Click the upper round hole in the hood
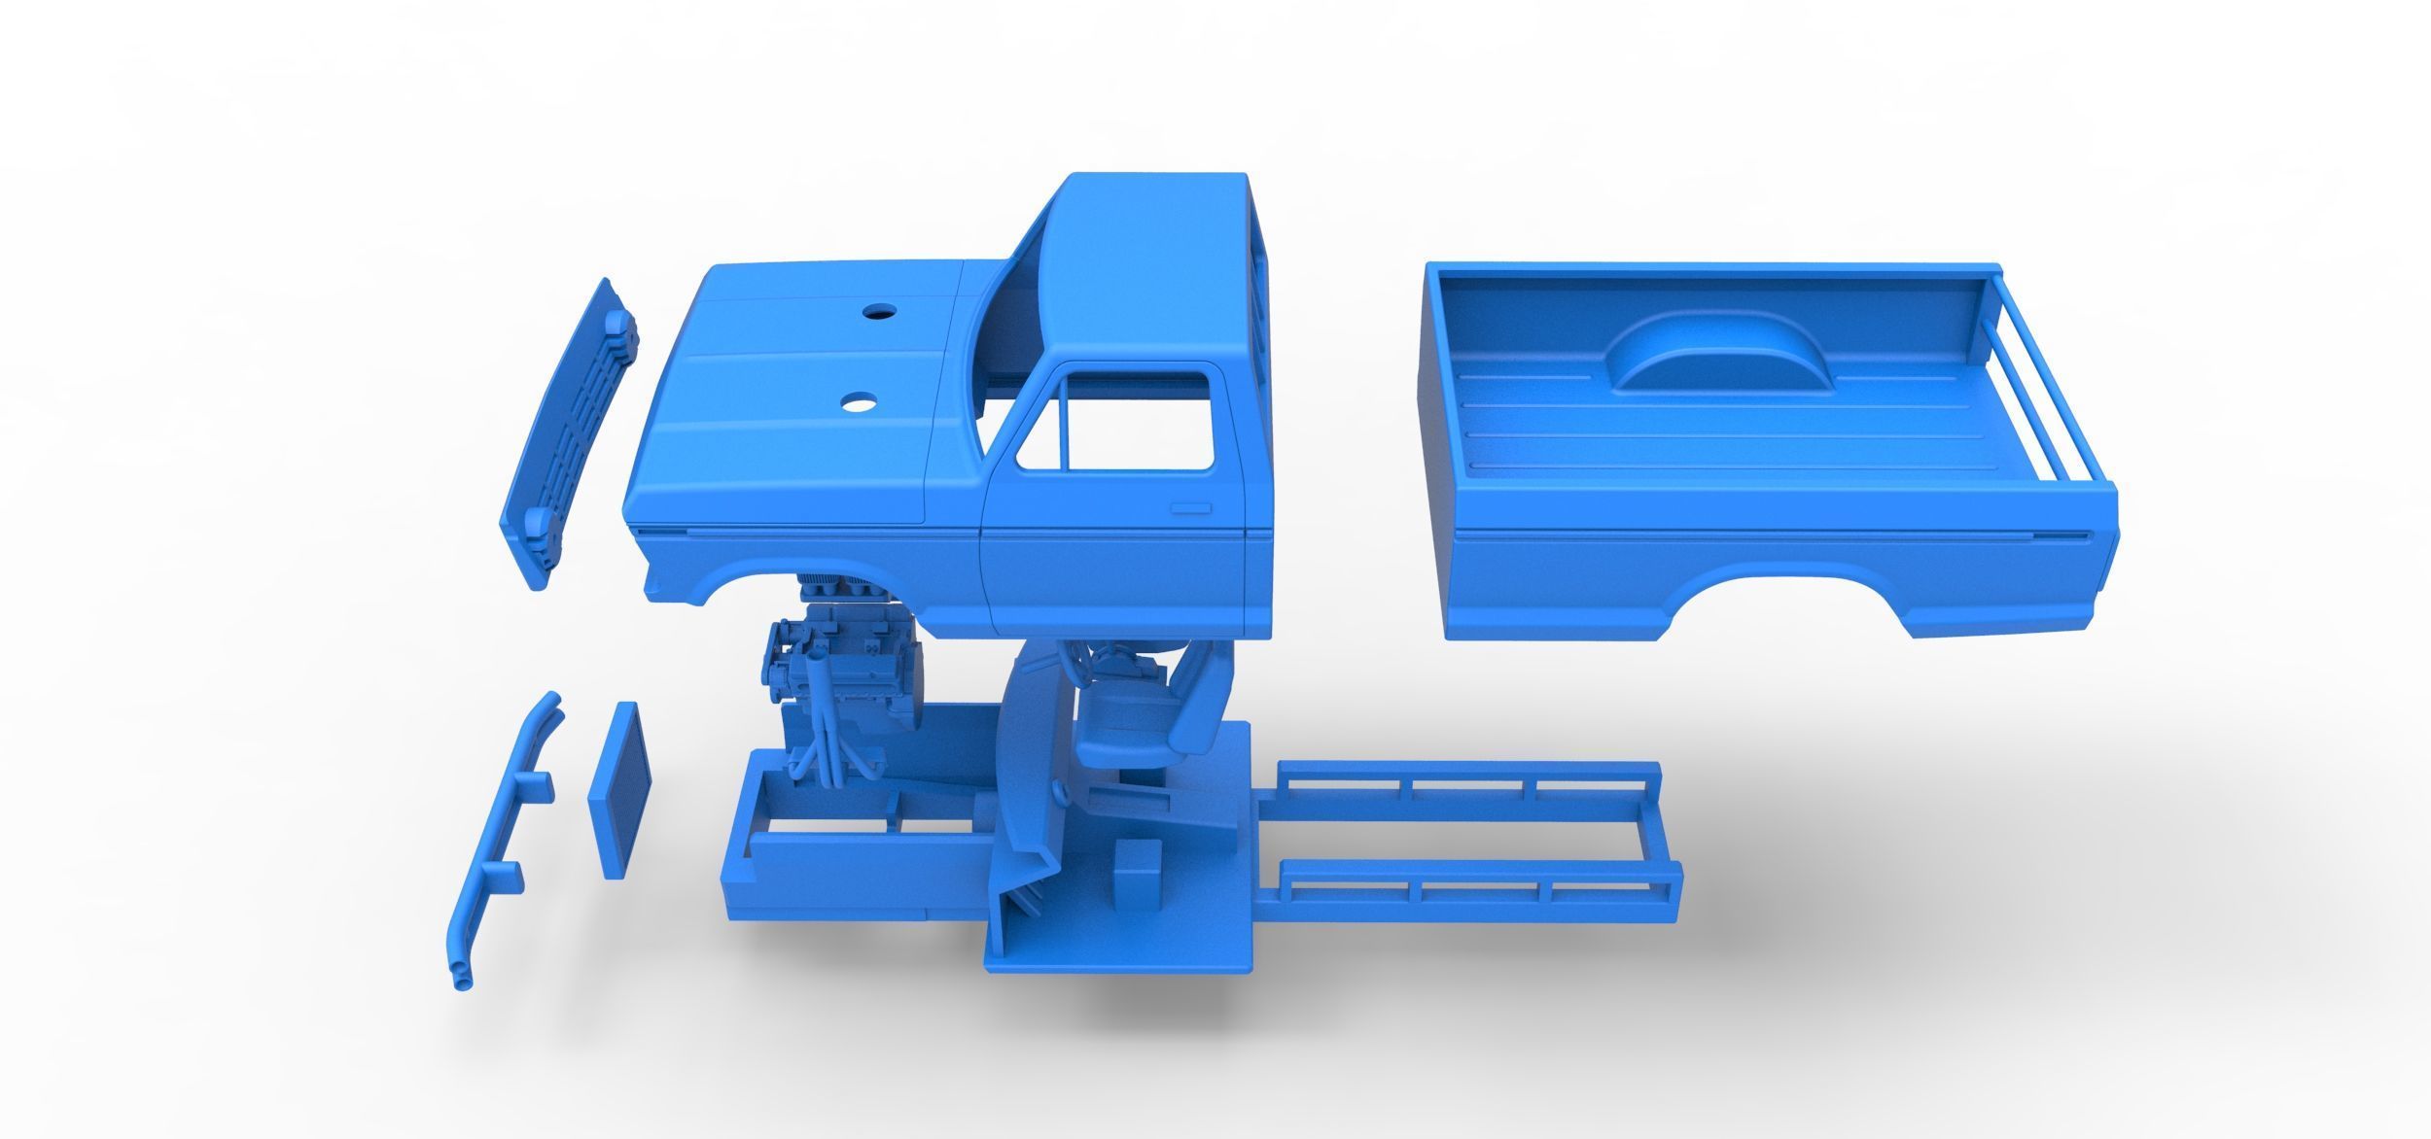pos(878,312)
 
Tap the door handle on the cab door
pos(1187,508)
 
